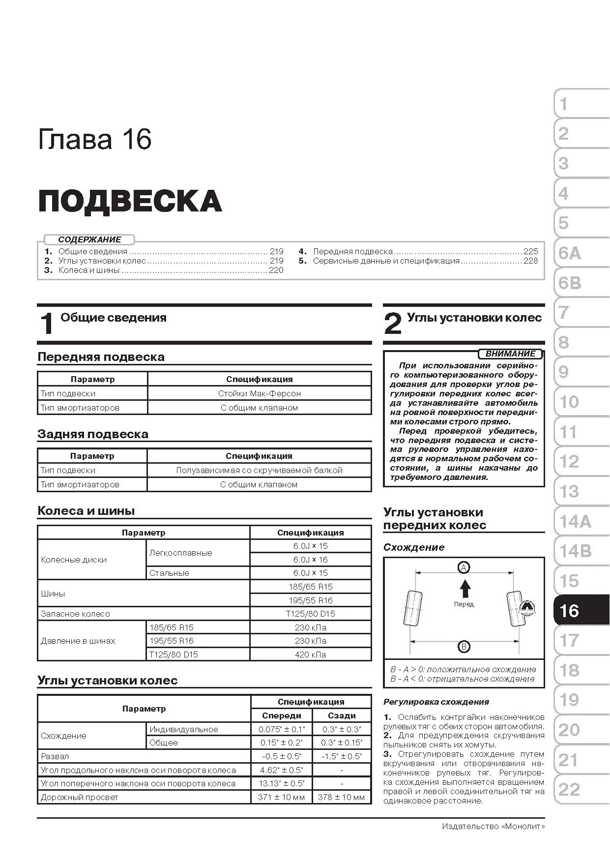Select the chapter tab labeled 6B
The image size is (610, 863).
pyautogui.click(x=570, y=283)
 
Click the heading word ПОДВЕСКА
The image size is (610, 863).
pyautogui.click(x=130, y=201)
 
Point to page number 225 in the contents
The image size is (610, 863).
pyautogui.click(x=530, y=251)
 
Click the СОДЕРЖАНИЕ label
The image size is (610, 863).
pyautogui.click(x=89, y=239)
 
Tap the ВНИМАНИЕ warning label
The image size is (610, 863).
pyautogui.click(x=510, y=354)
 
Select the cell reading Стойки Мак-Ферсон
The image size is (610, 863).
pyautogui.click(x=259, y=393)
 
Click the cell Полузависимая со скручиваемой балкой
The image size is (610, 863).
pyautogui.click(x=259, y=470)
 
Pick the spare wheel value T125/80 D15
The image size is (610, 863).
pyautogui.click(x=310, y=614)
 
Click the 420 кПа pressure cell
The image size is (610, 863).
pyautogui.click(x=310, y=655)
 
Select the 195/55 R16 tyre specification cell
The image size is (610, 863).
pyautogui.click(x=310, y=600)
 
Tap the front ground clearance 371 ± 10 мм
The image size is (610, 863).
pyautogui.click(x=281, y=797)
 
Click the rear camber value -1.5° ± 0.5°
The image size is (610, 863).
pyautogui.click(x=342, y=756)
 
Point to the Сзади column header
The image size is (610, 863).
pyautogui.click(x=342, y=715)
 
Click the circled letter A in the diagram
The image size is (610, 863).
pyautogui.click(x=464, y=567)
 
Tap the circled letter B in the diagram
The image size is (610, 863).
pyautogui.click(x=464, y=647)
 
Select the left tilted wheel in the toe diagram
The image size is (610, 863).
pyautogui.click(x=412, y=608)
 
